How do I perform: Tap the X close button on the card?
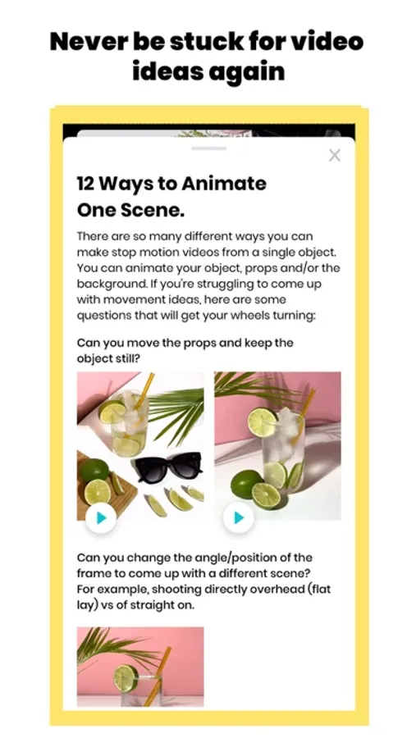335,155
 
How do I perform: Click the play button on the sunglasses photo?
101,517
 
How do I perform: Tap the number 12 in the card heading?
85,183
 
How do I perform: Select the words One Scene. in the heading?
130,210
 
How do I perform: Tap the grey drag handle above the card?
209,148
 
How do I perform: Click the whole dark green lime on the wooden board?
94,471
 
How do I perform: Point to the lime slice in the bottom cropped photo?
126,678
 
